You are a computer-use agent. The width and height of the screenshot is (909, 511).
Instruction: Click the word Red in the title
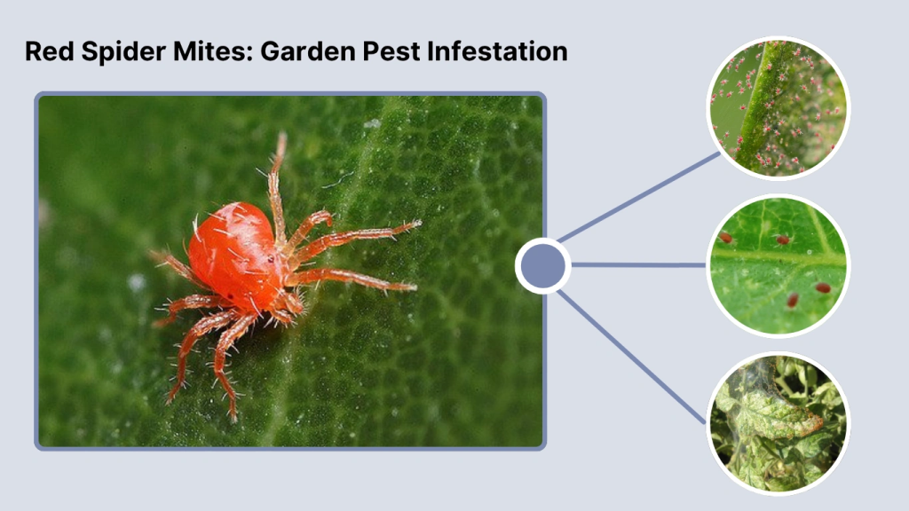coord(45,51)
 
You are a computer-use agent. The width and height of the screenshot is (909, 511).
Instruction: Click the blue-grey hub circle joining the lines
coord(542,264)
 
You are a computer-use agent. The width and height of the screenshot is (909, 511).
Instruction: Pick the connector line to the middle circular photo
coord(639,264)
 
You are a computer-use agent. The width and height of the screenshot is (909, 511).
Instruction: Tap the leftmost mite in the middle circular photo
coord(725,238)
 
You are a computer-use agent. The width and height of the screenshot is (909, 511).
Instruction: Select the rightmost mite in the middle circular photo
coord(823,287)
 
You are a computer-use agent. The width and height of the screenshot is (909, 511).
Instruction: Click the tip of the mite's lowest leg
coord(233,417)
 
